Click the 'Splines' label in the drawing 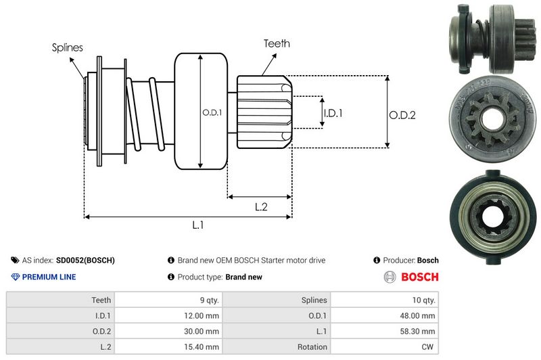click(x=68, y=47)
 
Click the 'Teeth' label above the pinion click(x=277, y=43)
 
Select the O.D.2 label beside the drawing click(x=402, y=115)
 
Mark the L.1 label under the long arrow click(x=198, y=225)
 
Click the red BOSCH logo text click(x=420, y=277)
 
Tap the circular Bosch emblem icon click(x=390, y=277)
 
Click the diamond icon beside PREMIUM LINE click(x=16, y=277)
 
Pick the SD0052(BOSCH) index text click(x=85, y=260)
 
